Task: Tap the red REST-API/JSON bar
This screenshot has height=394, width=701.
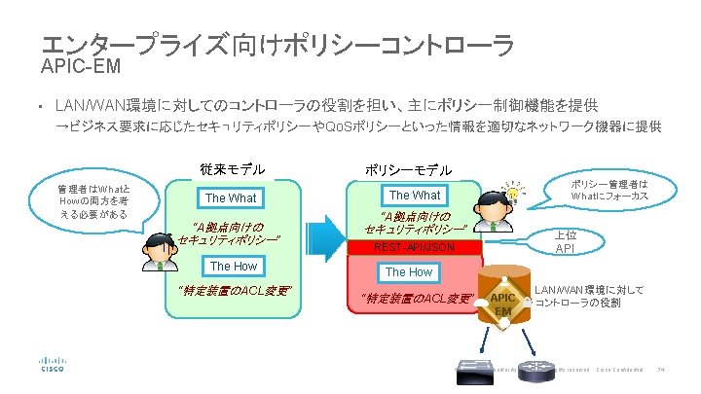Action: pos(415,247)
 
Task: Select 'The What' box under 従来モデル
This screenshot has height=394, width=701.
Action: pos(231,197)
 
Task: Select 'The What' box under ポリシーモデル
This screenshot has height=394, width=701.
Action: pos(415,195)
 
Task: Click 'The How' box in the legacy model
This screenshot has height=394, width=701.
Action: pos(234,266)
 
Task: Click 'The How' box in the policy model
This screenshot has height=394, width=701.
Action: pos(409,272)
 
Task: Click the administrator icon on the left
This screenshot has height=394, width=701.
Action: pos(155,251)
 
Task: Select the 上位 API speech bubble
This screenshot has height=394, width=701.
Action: pos(564,241)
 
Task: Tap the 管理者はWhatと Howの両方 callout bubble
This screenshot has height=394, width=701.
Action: pos(93,200)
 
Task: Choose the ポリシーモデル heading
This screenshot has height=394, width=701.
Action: pos(408,169)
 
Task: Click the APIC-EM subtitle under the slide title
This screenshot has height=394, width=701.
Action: pos(79,67)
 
